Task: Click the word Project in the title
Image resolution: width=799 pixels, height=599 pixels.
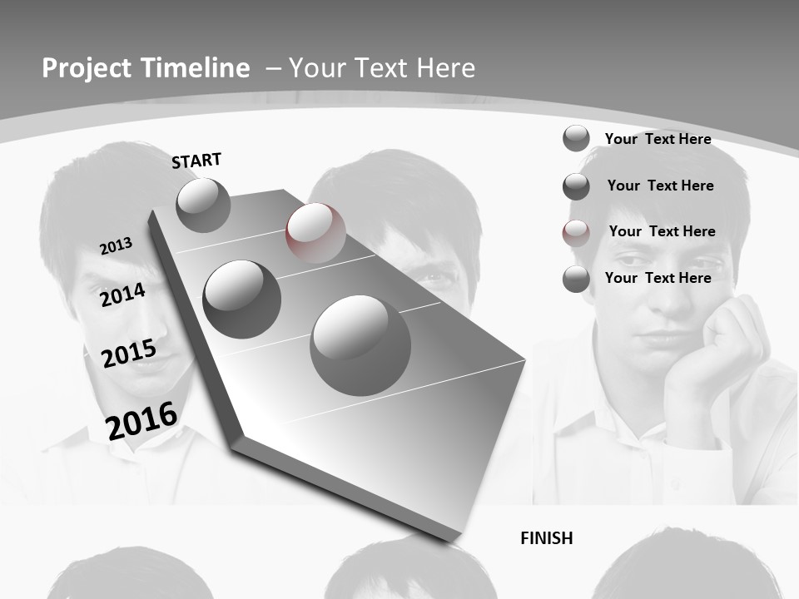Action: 86,68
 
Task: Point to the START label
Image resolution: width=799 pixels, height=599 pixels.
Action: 196,161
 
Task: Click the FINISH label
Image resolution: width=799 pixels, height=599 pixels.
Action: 546,538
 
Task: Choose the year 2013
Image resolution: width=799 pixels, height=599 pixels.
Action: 116,246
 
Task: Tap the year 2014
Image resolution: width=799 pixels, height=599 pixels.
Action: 122,295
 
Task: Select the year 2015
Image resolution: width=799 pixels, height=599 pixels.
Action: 128,354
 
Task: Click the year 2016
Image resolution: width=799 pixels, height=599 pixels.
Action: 141,420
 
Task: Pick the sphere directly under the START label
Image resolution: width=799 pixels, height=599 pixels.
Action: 203,205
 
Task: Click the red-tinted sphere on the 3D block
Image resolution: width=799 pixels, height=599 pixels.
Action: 315,233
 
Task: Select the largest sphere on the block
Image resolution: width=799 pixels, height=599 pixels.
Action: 360,345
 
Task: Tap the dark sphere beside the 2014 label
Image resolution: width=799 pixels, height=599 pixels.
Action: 241,299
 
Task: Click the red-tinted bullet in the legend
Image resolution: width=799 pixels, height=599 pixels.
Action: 576,233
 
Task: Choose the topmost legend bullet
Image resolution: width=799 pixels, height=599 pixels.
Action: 576,138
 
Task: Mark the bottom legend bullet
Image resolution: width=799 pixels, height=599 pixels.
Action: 576,279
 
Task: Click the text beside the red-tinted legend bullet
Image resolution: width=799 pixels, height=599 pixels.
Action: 662,231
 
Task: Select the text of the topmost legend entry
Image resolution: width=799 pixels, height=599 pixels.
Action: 658,139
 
